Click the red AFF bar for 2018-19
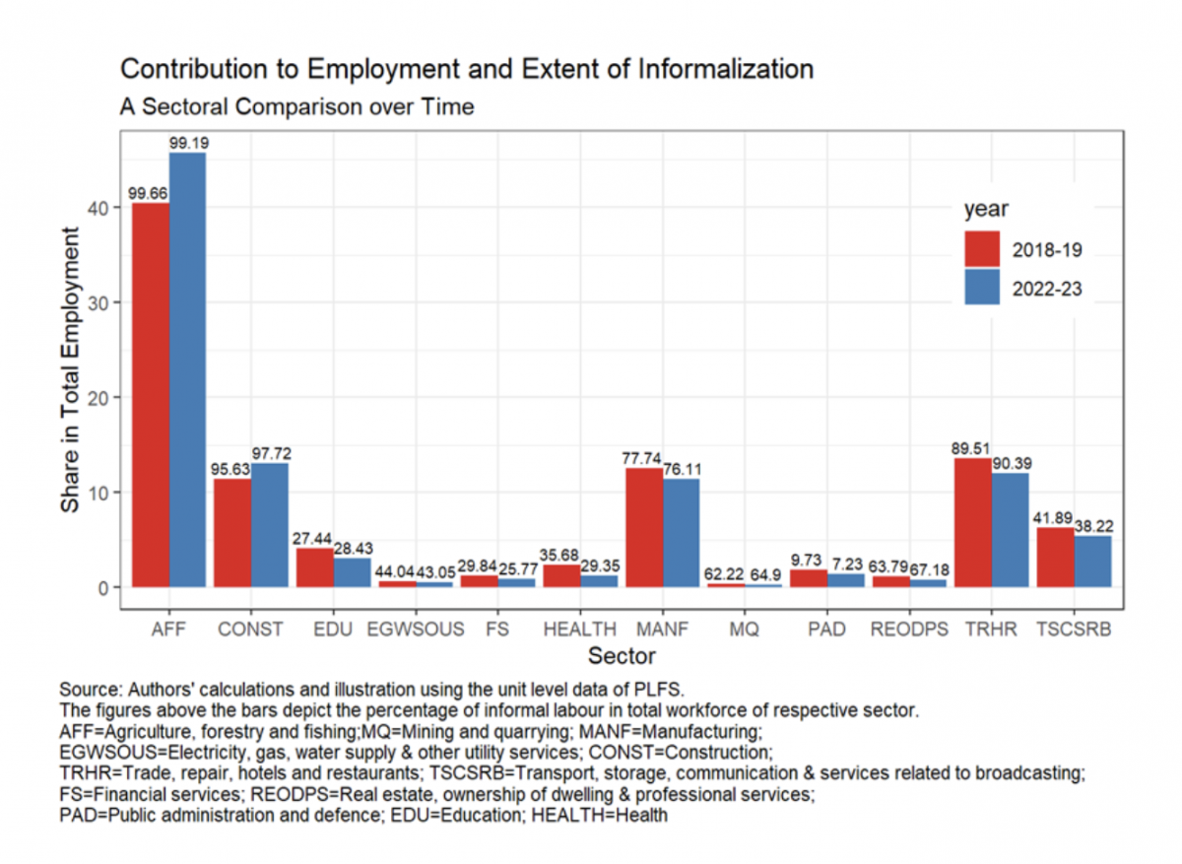pos(150,394)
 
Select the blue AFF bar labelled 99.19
pos(187,369)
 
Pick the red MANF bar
pos(644,527)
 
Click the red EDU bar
pos(314,567)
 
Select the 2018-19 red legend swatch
pos(982,249)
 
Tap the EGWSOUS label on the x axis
pos(415,629)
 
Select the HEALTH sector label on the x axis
pos(580,629)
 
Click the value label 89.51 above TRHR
pos(970,449)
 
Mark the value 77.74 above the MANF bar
pos(643,459)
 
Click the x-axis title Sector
pos(621,655)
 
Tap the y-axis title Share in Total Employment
pos(72,369)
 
